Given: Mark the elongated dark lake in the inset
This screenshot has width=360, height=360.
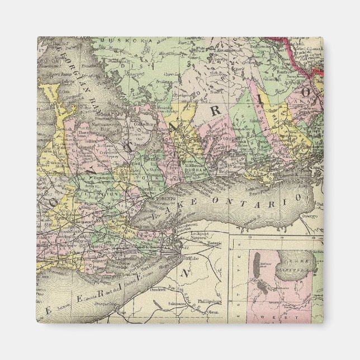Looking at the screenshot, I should pyautogui.click(x=258, y=268).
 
